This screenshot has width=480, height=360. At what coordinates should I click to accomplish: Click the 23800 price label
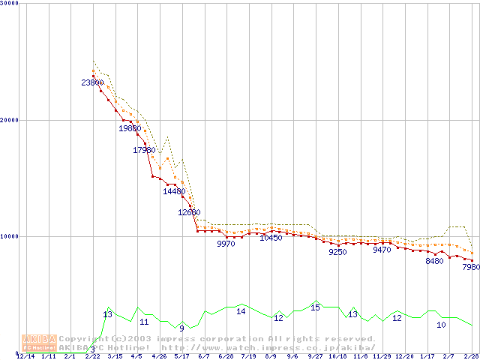pyautogui.click(x=92, y=82)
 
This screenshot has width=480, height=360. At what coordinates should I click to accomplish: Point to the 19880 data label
pyautogui.click(x=130, y=128)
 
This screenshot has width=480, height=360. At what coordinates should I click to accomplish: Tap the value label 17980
pyautogui.click(x=144, y=150)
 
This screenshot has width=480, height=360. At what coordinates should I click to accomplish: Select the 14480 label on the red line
pyautogui.click(x=174, y=191)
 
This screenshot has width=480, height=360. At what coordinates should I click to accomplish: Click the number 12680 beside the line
pyautogui.click(x=189, y=212)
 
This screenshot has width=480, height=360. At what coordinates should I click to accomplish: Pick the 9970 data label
pyautogui.click(x=226, y=244)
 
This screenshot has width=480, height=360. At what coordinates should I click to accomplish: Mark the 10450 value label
pyautogui.click(x=271, y=238)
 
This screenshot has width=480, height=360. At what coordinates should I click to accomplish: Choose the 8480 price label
pyautogui.click(x=434, y=261)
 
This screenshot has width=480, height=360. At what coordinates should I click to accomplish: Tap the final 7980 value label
pyautogui.click(x=470, y=267)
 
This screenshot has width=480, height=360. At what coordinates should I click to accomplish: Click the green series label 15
pyautogui.click(x=315, y=307)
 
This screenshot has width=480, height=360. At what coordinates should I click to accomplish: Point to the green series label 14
pyautogui.click(x=241, y=310)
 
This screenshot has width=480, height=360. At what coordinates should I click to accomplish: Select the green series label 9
pyautogui.click(x=181, y=328)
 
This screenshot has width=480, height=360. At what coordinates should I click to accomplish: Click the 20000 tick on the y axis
pyautogui.click(x=10, y=120)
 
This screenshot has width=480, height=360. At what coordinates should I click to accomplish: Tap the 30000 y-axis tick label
pyautogui.click(x=10, y=3)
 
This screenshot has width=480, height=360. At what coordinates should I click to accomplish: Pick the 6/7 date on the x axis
pyautogui.click(x=203, y=357)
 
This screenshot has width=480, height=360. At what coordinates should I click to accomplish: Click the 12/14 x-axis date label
pyautogui.click(x=25, y=357)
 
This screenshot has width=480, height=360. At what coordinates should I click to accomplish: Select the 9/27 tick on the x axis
pyautogui.click(x=315, y=357)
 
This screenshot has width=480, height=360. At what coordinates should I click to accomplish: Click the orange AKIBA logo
pyautogui.click(x=39, y=342)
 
